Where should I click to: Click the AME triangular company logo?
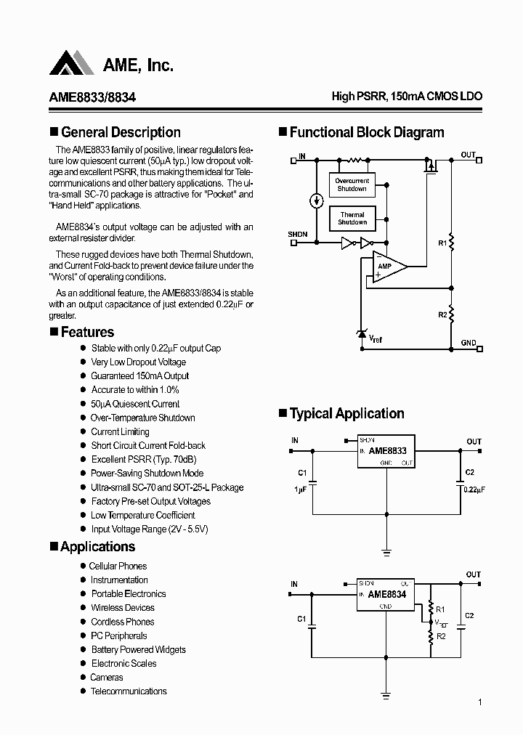(72, 64)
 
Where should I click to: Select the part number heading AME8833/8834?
(92, 97)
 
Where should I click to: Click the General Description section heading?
(121, 132)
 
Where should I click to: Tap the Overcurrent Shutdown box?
(352, 184)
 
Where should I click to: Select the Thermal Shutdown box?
(352, 219)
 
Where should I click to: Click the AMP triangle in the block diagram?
(387, 266)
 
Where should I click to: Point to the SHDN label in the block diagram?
(298, 234)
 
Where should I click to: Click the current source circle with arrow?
(317, 200)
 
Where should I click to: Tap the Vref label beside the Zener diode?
(376, 338)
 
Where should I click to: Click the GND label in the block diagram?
(469, 342)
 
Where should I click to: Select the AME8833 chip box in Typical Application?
(386, 451)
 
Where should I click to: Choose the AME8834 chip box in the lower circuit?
(386, 593)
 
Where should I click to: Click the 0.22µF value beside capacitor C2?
(474, 490)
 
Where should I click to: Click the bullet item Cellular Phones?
(118, 566)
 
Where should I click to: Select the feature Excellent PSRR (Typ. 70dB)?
(144, 460)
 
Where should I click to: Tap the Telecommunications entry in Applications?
(129, 691)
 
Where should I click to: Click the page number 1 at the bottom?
(480, 702)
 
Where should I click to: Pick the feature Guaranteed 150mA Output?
(139, 376)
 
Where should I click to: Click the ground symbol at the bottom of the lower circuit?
(386, 694)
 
